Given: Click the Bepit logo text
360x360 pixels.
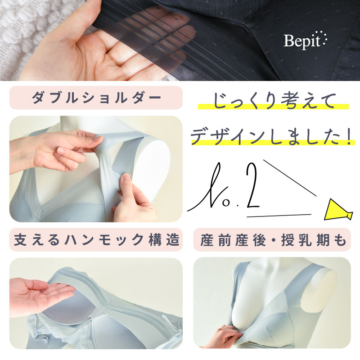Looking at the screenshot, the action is click(305, 40).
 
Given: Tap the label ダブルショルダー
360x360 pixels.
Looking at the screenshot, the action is click(96, 98).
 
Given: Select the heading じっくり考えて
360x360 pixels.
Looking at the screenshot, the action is click(273, 100).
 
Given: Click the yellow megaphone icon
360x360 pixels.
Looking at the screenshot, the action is click(338, 210).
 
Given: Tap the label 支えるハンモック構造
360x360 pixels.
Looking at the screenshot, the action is click(96, 240).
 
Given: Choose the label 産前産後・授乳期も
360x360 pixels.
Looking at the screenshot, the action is click(273, 240).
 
